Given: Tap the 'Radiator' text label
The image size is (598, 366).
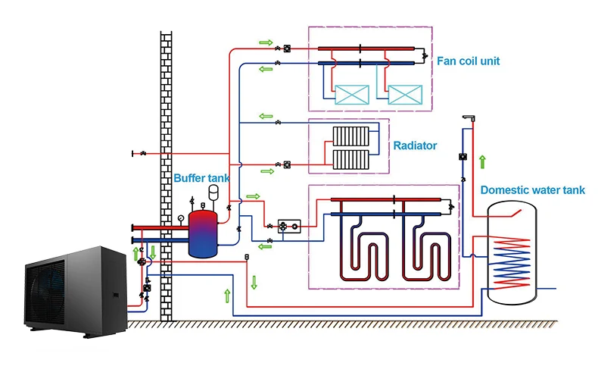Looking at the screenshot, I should tap(415, 145).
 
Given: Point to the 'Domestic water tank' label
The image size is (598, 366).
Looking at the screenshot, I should tap(532, 190).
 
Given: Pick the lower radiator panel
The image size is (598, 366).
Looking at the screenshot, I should tap(350, 159).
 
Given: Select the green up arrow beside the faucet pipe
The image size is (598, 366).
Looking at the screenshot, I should tap(482, 161).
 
